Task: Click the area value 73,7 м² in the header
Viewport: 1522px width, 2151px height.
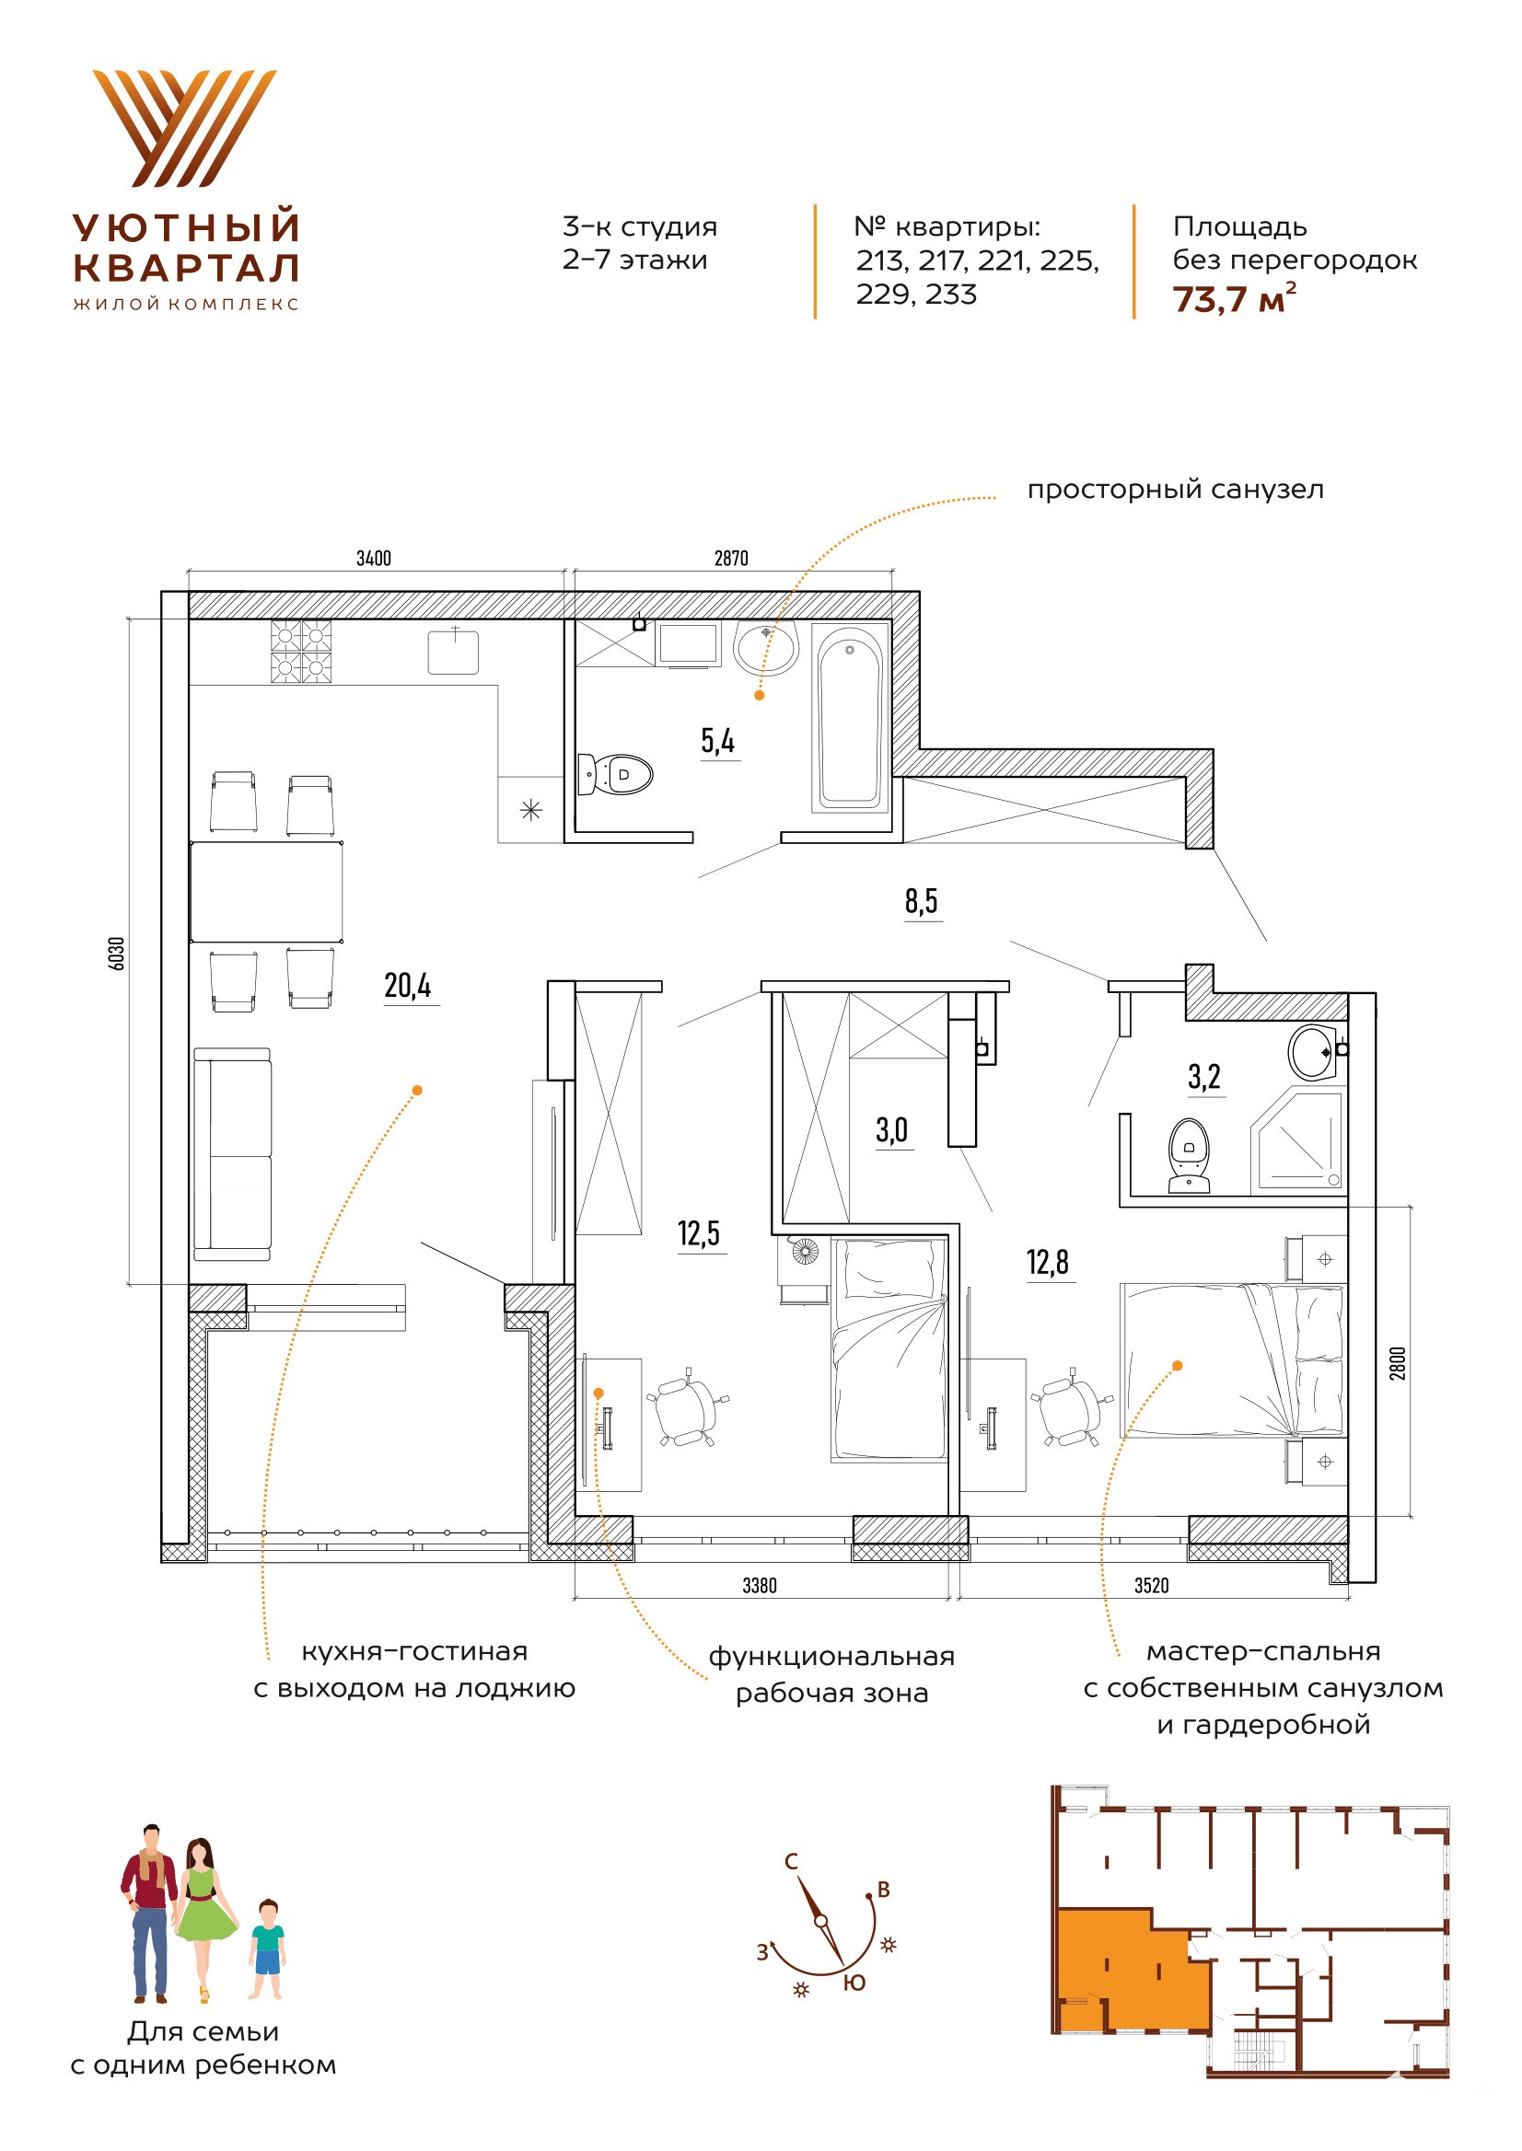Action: (1235, 298)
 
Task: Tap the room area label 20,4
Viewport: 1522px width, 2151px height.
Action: (408, 986)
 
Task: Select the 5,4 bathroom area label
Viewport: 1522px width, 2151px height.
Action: (718, 741)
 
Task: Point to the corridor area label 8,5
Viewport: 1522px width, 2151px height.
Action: (922, 901)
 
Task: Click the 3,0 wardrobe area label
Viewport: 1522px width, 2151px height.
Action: (892, 1130)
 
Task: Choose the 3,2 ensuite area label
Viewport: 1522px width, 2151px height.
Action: (1204, 1078)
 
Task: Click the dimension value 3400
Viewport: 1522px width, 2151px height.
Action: (373, 559)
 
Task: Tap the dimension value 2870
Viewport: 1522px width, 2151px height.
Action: (731, 559)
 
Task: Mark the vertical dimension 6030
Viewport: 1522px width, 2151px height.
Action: (117, 953)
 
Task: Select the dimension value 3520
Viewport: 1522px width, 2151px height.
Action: (1152, 1585)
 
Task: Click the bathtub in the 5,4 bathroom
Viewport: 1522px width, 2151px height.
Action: (850, 718)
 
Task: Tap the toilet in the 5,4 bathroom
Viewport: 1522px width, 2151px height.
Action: (615, 774)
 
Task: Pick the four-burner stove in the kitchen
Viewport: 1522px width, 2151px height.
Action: (302, 651)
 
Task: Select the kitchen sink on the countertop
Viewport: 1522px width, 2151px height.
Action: (454, 651)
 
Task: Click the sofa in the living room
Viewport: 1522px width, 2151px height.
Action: (232, 1155)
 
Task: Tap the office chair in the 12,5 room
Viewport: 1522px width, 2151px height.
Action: (686, 1406)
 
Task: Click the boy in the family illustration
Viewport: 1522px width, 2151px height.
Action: (267, 1949)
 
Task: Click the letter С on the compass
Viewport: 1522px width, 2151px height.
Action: (791, 1861)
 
